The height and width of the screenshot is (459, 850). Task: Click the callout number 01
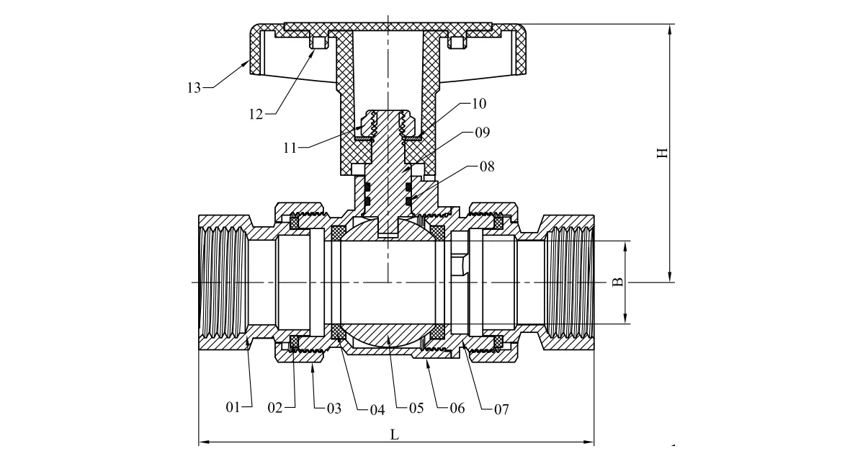[x=232, y=409]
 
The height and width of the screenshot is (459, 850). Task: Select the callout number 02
[x=276, y=409]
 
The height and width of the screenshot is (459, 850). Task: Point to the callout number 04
[x=377, y=409]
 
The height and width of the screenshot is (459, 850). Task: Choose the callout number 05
[x=416, y=409]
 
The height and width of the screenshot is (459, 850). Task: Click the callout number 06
[x=457, y=409]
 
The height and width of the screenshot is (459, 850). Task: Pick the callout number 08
[x=487, y=166]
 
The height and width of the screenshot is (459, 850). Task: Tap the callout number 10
[x=478, y=104]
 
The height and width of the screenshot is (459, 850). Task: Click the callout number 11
[x=291, y=148]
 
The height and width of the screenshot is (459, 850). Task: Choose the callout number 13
[x=193, y=88]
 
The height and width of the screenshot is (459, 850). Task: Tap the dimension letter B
[x=617, y=282]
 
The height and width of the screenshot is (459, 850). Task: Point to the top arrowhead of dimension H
[x=671, y=28]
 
